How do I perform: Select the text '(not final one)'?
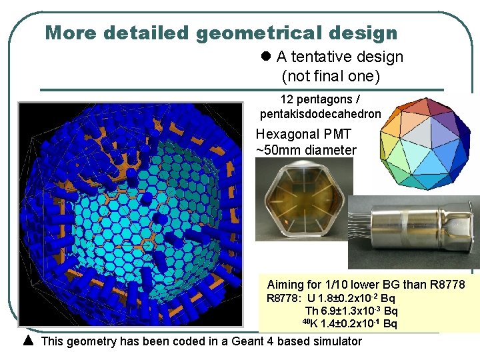(x=331, y=76)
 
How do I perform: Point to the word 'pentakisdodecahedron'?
(x=320, y=114)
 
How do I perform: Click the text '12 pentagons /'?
(x=321, y=100)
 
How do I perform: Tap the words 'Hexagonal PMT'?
(x=303, y=134)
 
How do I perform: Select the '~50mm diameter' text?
(x=306, y=150)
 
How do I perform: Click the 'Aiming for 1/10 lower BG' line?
(x=365, y=285)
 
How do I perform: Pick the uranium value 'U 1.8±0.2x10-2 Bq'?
(x=351, y=298)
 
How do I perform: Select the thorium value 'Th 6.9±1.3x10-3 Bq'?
(x=351, y=311)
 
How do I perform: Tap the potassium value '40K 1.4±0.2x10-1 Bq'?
(x=349, y=324)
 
